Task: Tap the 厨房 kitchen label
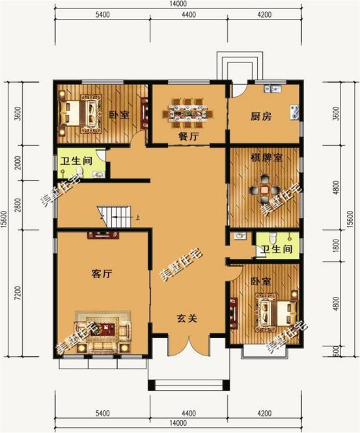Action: click(261, 118)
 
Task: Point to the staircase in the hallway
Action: click(117, 214)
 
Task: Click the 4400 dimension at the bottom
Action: click(188, 414)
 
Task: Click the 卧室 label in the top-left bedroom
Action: click(118, 115)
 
